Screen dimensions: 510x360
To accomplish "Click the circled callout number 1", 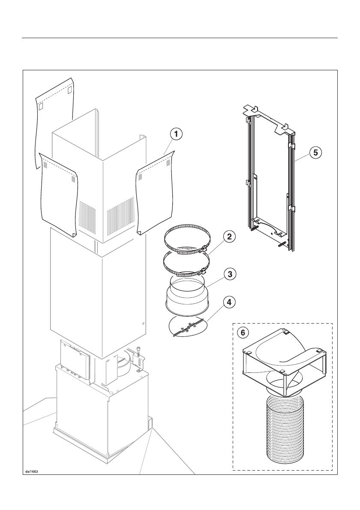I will point(175,134).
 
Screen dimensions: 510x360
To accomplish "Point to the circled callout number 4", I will point(230,303).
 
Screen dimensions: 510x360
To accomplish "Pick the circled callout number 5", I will point(316,152).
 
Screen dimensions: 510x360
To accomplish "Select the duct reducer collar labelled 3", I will point(187,296).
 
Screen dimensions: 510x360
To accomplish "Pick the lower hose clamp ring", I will point(186,263).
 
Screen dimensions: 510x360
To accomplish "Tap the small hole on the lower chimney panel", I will point(143,324).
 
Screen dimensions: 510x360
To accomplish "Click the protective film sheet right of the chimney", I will point(154,197).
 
